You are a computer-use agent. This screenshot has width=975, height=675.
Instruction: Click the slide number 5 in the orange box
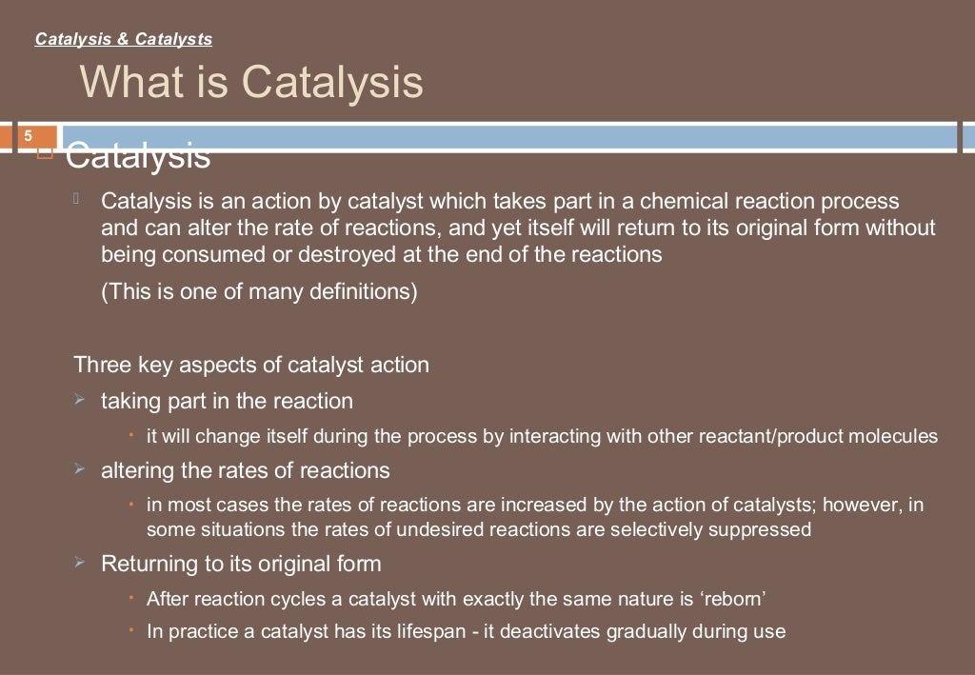coord(28,134)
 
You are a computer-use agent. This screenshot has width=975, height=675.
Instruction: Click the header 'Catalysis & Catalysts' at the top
coord(123,39)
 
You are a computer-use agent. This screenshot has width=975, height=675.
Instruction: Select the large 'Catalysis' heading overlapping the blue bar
coord(138,155)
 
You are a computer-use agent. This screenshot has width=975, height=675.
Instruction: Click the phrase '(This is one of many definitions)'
coord(259,291)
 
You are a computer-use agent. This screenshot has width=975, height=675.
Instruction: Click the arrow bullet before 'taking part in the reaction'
coord(80,400)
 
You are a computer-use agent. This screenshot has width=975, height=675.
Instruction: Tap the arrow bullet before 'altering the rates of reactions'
coord(80,469)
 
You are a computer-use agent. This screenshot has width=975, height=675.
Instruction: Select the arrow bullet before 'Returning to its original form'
coord(80,563)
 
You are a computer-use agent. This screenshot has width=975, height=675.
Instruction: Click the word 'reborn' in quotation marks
coord(735,599)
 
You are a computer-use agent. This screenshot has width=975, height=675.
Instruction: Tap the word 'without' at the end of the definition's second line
coord(902,228)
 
